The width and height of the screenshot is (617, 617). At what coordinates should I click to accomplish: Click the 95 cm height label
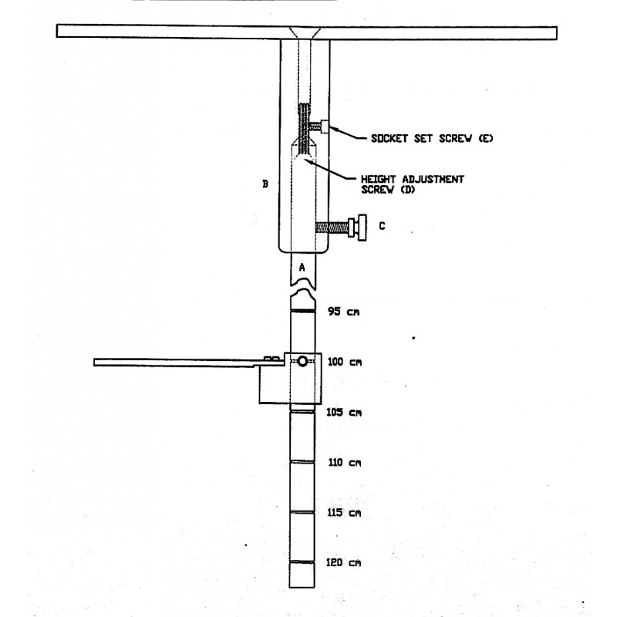(343, 312)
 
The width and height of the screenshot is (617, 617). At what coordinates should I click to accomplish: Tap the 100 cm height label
(344, 362)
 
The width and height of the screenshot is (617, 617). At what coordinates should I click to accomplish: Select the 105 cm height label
(344, 413)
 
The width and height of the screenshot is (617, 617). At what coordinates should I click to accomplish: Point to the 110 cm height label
(344, 462)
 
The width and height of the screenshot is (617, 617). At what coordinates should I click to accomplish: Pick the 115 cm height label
(344, 513)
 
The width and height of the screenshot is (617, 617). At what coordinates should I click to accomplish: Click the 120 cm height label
(343, 563)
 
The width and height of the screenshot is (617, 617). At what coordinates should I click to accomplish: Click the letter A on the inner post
(302, 268)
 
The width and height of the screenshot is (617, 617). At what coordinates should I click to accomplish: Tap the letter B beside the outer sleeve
(265, 184)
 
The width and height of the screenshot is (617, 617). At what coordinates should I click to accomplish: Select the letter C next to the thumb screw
(382, 226)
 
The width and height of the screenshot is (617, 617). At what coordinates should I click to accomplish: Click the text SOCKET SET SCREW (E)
(432, 139)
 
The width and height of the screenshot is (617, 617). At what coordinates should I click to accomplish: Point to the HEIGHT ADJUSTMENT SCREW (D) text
(412, 184)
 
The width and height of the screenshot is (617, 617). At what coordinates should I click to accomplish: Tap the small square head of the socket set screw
(325, 126)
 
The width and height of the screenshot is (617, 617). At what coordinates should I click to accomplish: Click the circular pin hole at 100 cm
(302, 361)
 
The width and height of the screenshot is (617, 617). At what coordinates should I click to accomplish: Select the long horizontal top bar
(306, 32)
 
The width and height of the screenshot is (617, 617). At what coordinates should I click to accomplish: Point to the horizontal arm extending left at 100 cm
(189, 362)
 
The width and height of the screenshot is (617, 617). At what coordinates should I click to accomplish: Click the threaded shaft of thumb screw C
(332, 228)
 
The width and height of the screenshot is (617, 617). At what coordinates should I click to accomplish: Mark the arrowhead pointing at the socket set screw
(333, 128)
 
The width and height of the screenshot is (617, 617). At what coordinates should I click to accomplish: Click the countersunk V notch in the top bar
(305, 32)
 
